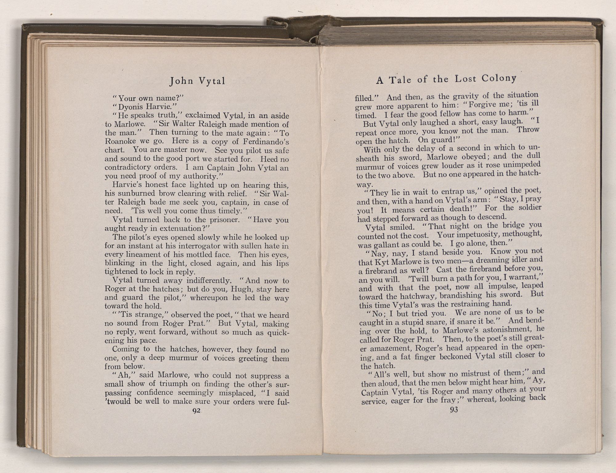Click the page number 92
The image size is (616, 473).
[196, 411]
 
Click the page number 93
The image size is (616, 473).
[454, 410]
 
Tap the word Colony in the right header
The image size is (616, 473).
[499, 78]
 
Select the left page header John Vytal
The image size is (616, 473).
[197, 81]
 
